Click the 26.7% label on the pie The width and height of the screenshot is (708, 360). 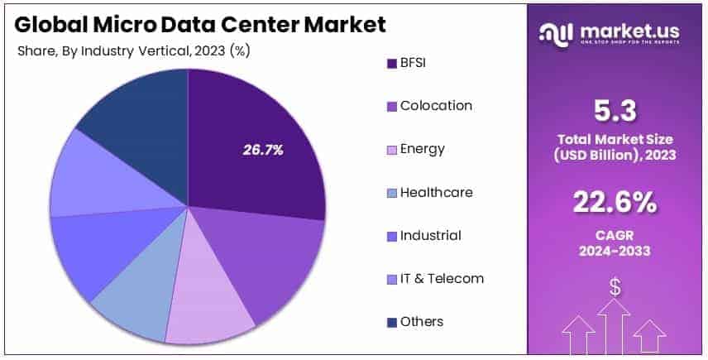(263, 150)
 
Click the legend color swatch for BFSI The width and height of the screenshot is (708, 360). (390, 63)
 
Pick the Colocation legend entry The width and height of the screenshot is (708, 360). (436, 106)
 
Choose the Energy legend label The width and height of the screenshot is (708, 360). (422, 149)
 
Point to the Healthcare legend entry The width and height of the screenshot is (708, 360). (436, 192)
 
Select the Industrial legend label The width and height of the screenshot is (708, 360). (430, 235)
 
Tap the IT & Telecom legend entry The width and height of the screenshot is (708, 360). (442, 278)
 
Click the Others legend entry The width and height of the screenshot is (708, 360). (422, 321)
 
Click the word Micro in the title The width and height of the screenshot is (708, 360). (115, 25)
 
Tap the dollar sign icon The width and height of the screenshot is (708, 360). (615, 288)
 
